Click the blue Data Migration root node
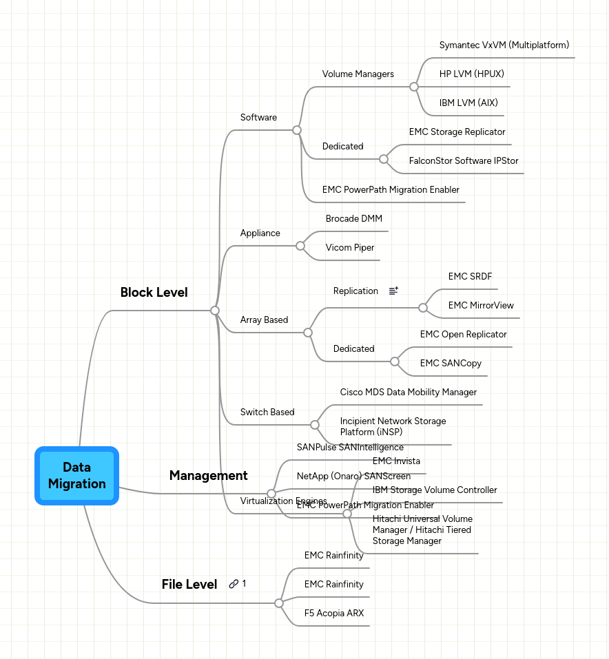(77, 476)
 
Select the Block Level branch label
(154, 292)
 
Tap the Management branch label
(208, 475)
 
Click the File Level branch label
(189, 584)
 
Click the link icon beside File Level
(234, 584)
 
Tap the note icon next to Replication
(393, 291)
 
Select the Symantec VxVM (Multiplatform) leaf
(504, 45)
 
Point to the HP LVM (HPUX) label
(466, 74)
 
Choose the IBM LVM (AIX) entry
(468, 103)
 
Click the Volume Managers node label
(358, 74)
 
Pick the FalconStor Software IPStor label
(463, 161)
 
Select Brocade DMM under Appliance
(353, 219)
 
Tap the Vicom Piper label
(350, 248)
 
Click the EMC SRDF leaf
(470, 277)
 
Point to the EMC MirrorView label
(481, 306)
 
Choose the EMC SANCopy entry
(451, 364)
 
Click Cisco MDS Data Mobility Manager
(408, 393)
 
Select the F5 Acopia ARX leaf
(334, 613)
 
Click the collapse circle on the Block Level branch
(215, 311)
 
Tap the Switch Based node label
(267, 412)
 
